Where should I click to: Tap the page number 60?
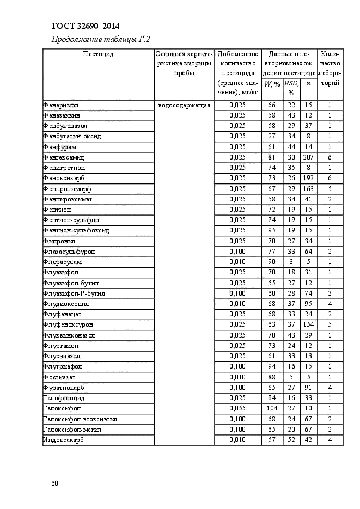coord(54,483)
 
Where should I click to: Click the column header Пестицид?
coord(98,54)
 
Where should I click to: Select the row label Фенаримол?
coord(60,105)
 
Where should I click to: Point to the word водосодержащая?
coord(184,105)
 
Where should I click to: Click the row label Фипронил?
coord(59,241)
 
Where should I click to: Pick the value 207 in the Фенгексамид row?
coord(308,157)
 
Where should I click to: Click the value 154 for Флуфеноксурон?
coord(308,325)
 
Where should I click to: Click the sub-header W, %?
coord(272,84)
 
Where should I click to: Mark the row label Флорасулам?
coord(63,262)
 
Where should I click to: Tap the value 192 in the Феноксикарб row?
coord(308,178)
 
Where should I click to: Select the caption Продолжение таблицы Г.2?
coord(101,40)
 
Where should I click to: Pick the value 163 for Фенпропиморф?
coord(308,188)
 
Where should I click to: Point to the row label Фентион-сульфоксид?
coord(76,230)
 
